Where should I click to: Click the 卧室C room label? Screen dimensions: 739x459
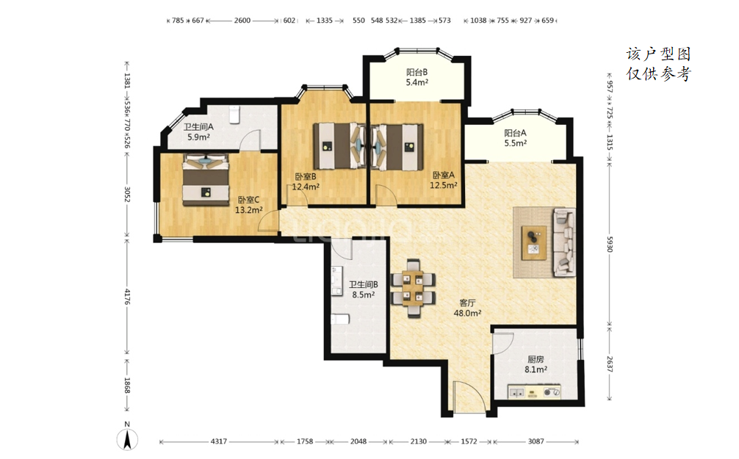click(248, 200)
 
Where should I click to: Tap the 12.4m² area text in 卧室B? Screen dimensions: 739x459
click(306, 187)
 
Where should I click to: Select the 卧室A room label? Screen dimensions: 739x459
click(444, 175)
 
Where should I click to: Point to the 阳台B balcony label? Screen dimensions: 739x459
click(417, 72)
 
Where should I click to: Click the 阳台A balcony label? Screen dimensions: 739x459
click(515, 133)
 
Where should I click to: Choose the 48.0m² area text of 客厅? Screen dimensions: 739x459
click(467, 313)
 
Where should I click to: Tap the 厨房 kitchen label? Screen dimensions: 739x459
click(536, 359)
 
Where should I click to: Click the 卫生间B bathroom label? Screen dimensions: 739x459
click(364, 285)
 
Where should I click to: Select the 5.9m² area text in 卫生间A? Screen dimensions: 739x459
click(198, 137)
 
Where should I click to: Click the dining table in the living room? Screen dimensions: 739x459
click(414, 289)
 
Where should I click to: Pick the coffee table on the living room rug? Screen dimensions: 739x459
click(534, 242)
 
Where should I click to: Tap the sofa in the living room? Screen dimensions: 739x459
click(564, 242)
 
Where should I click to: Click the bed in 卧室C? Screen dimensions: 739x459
click(206, 179)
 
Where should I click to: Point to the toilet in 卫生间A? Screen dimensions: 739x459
click(234, 115)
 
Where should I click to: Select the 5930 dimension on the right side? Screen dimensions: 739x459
click(610, 244)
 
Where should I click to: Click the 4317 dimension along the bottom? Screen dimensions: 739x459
click(219, 441)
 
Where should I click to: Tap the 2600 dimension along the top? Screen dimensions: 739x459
click(242, 21)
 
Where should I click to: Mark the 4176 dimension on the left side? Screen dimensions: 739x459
click(127, 297)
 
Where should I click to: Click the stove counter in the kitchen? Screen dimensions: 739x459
click(535, 391)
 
